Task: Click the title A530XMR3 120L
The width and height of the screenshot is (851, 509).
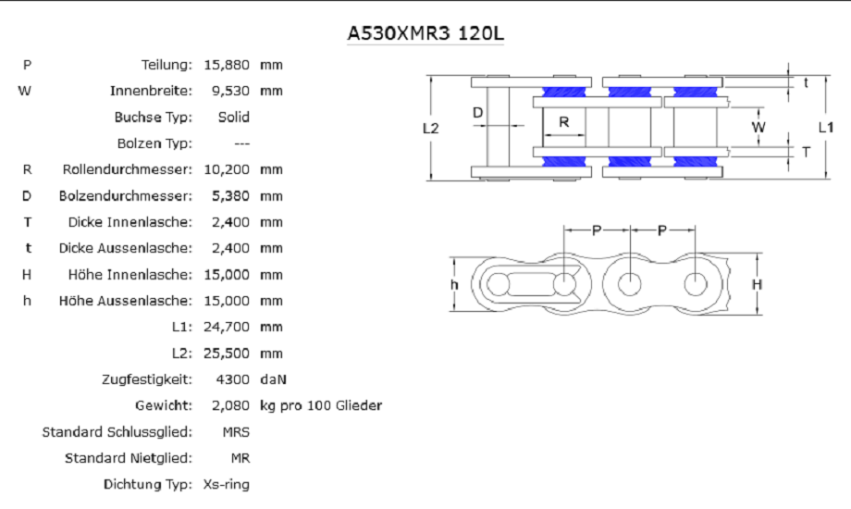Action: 425,33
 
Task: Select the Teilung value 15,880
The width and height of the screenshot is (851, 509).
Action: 227,65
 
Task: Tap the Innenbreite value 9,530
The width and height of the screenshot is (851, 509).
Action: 230,92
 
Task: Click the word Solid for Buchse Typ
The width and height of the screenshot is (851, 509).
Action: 233,117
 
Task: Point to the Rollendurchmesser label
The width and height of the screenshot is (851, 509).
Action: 127,169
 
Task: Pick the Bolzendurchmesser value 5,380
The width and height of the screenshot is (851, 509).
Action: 230,196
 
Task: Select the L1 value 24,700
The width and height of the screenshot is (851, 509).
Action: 227,327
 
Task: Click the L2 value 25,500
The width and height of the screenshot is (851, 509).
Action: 227,354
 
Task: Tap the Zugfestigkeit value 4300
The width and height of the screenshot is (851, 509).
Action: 232,379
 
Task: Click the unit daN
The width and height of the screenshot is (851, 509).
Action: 273,379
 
